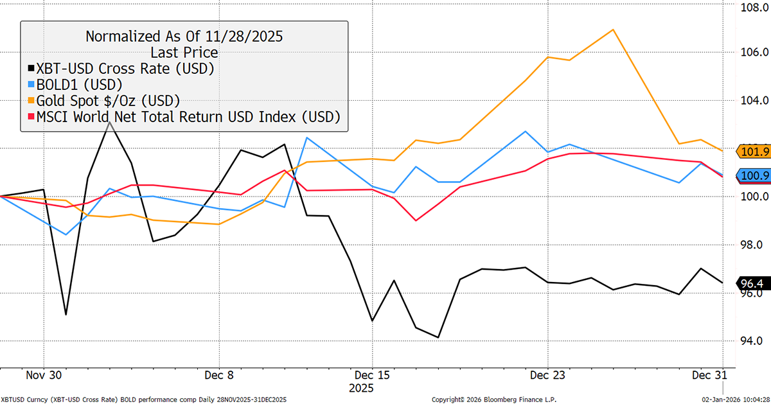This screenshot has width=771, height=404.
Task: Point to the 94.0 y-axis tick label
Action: pyautogui.click(x=747, y=341)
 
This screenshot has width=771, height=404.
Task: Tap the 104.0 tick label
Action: pyautogui.click(x=749, y=101)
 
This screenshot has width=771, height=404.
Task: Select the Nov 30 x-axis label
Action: pyautogui.click(x=44, y=374)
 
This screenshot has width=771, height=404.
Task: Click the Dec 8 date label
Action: pyautogui.click(x=219, y=374)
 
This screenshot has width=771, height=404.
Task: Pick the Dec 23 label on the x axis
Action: pyautogui.click(x=547, y=374)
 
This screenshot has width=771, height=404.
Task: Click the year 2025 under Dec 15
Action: pyautogui.click(x=360, y=389)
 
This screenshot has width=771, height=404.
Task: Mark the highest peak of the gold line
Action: pyautogui.click(x=614, y=30)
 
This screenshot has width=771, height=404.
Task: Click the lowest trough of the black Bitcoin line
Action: pyautogui.click(x=438, y=337)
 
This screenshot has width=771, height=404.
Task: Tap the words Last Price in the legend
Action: pyautogui.click(x=184, y=52)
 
